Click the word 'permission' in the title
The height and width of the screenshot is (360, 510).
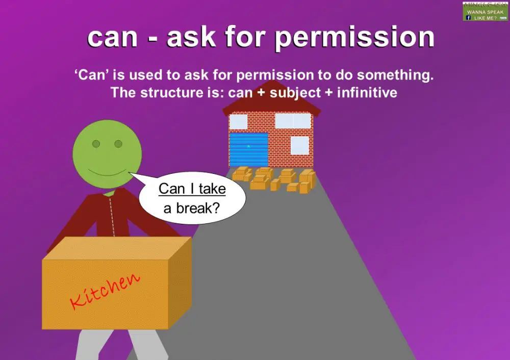355,38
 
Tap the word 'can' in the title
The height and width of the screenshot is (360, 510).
113,38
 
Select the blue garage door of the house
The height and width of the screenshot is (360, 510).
248,149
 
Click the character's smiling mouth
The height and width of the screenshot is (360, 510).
107,171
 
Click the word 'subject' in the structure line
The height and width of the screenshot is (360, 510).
295,93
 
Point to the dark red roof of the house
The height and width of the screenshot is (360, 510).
272,100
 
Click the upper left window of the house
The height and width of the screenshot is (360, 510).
238,122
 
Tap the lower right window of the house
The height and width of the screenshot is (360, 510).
299,145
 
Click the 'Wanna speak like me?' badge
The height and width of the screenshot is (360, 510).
486,11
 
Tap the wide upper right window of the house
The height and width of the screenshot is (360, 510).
293,121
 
